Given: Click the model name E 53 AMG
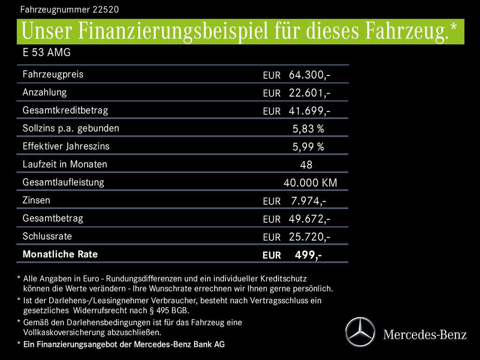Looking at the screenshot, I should (x=46, y=52).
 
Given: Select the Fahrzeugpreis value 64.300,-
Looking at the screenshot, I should (x=309, y=75).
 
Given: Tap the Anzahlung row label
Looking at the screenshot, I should (x=45, y=92).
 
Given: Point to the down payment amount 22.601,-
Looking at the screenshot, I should (x=309, y=93).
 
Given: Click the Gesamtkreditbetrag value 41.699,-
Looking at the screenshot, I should (x=309, y=111).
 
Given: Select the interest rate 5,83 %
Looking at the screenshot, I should (x=308, y=129).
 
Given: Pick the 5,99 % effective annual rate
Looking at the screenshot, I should (x=308, y=147).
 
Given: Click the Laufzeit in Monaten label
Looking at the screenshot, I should (x=65, y=165).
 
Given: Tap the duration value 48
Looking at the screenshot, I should (x=306, y=165).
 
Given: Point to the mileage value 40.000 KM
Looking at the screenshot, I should (x=310, y=183).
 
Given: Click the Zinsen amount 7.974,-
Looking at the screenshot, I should (x=308, y=201).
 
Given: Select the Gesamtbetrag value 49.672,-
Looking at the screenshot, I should (x=309, y=219).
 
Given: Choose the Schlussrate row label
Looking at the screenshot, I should (x=47, y=236).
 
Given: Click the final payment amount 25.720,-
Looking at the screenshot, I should (x=309, y=237).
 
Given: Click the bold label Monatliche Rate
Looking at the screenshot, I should (x=60, y=255).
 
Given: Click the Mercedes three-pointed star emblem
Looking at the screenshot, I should (x=360, y=332).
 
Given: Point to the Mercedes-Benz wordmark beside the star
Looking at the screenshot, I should (x=425, y=335).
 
